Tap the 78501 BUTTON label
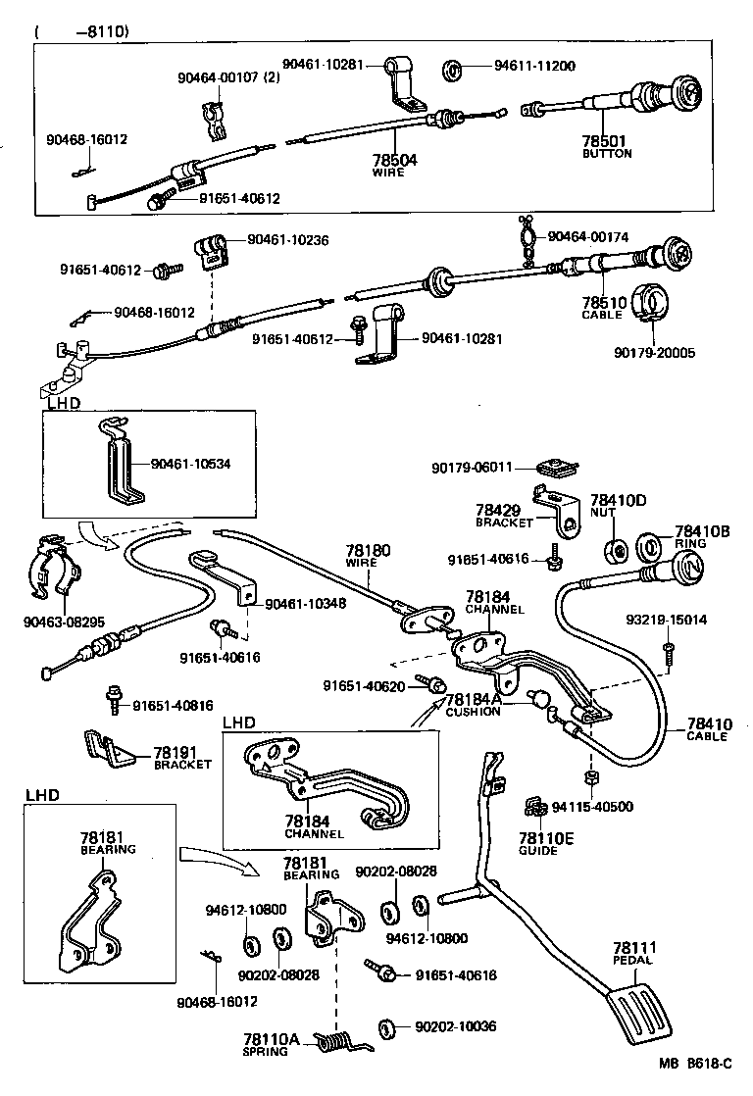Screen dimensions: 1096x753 (607, 146)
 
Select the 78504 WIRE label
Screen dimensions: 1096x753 (394, 164)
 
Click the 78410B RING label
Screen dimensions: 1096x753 (702, 536)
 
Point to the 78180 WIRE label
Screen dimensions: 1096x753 (368, 556)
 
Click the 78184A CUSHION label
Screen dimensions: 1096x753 (473, 704)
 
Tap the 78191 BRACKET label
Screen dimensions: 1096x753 (182, 759)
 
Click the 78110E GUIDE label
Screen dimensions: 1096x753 (538, 844)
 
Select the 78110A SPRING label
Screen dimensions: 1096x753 (265, 1044)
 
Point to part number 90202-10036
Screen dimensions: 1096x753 (455, 1026)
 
